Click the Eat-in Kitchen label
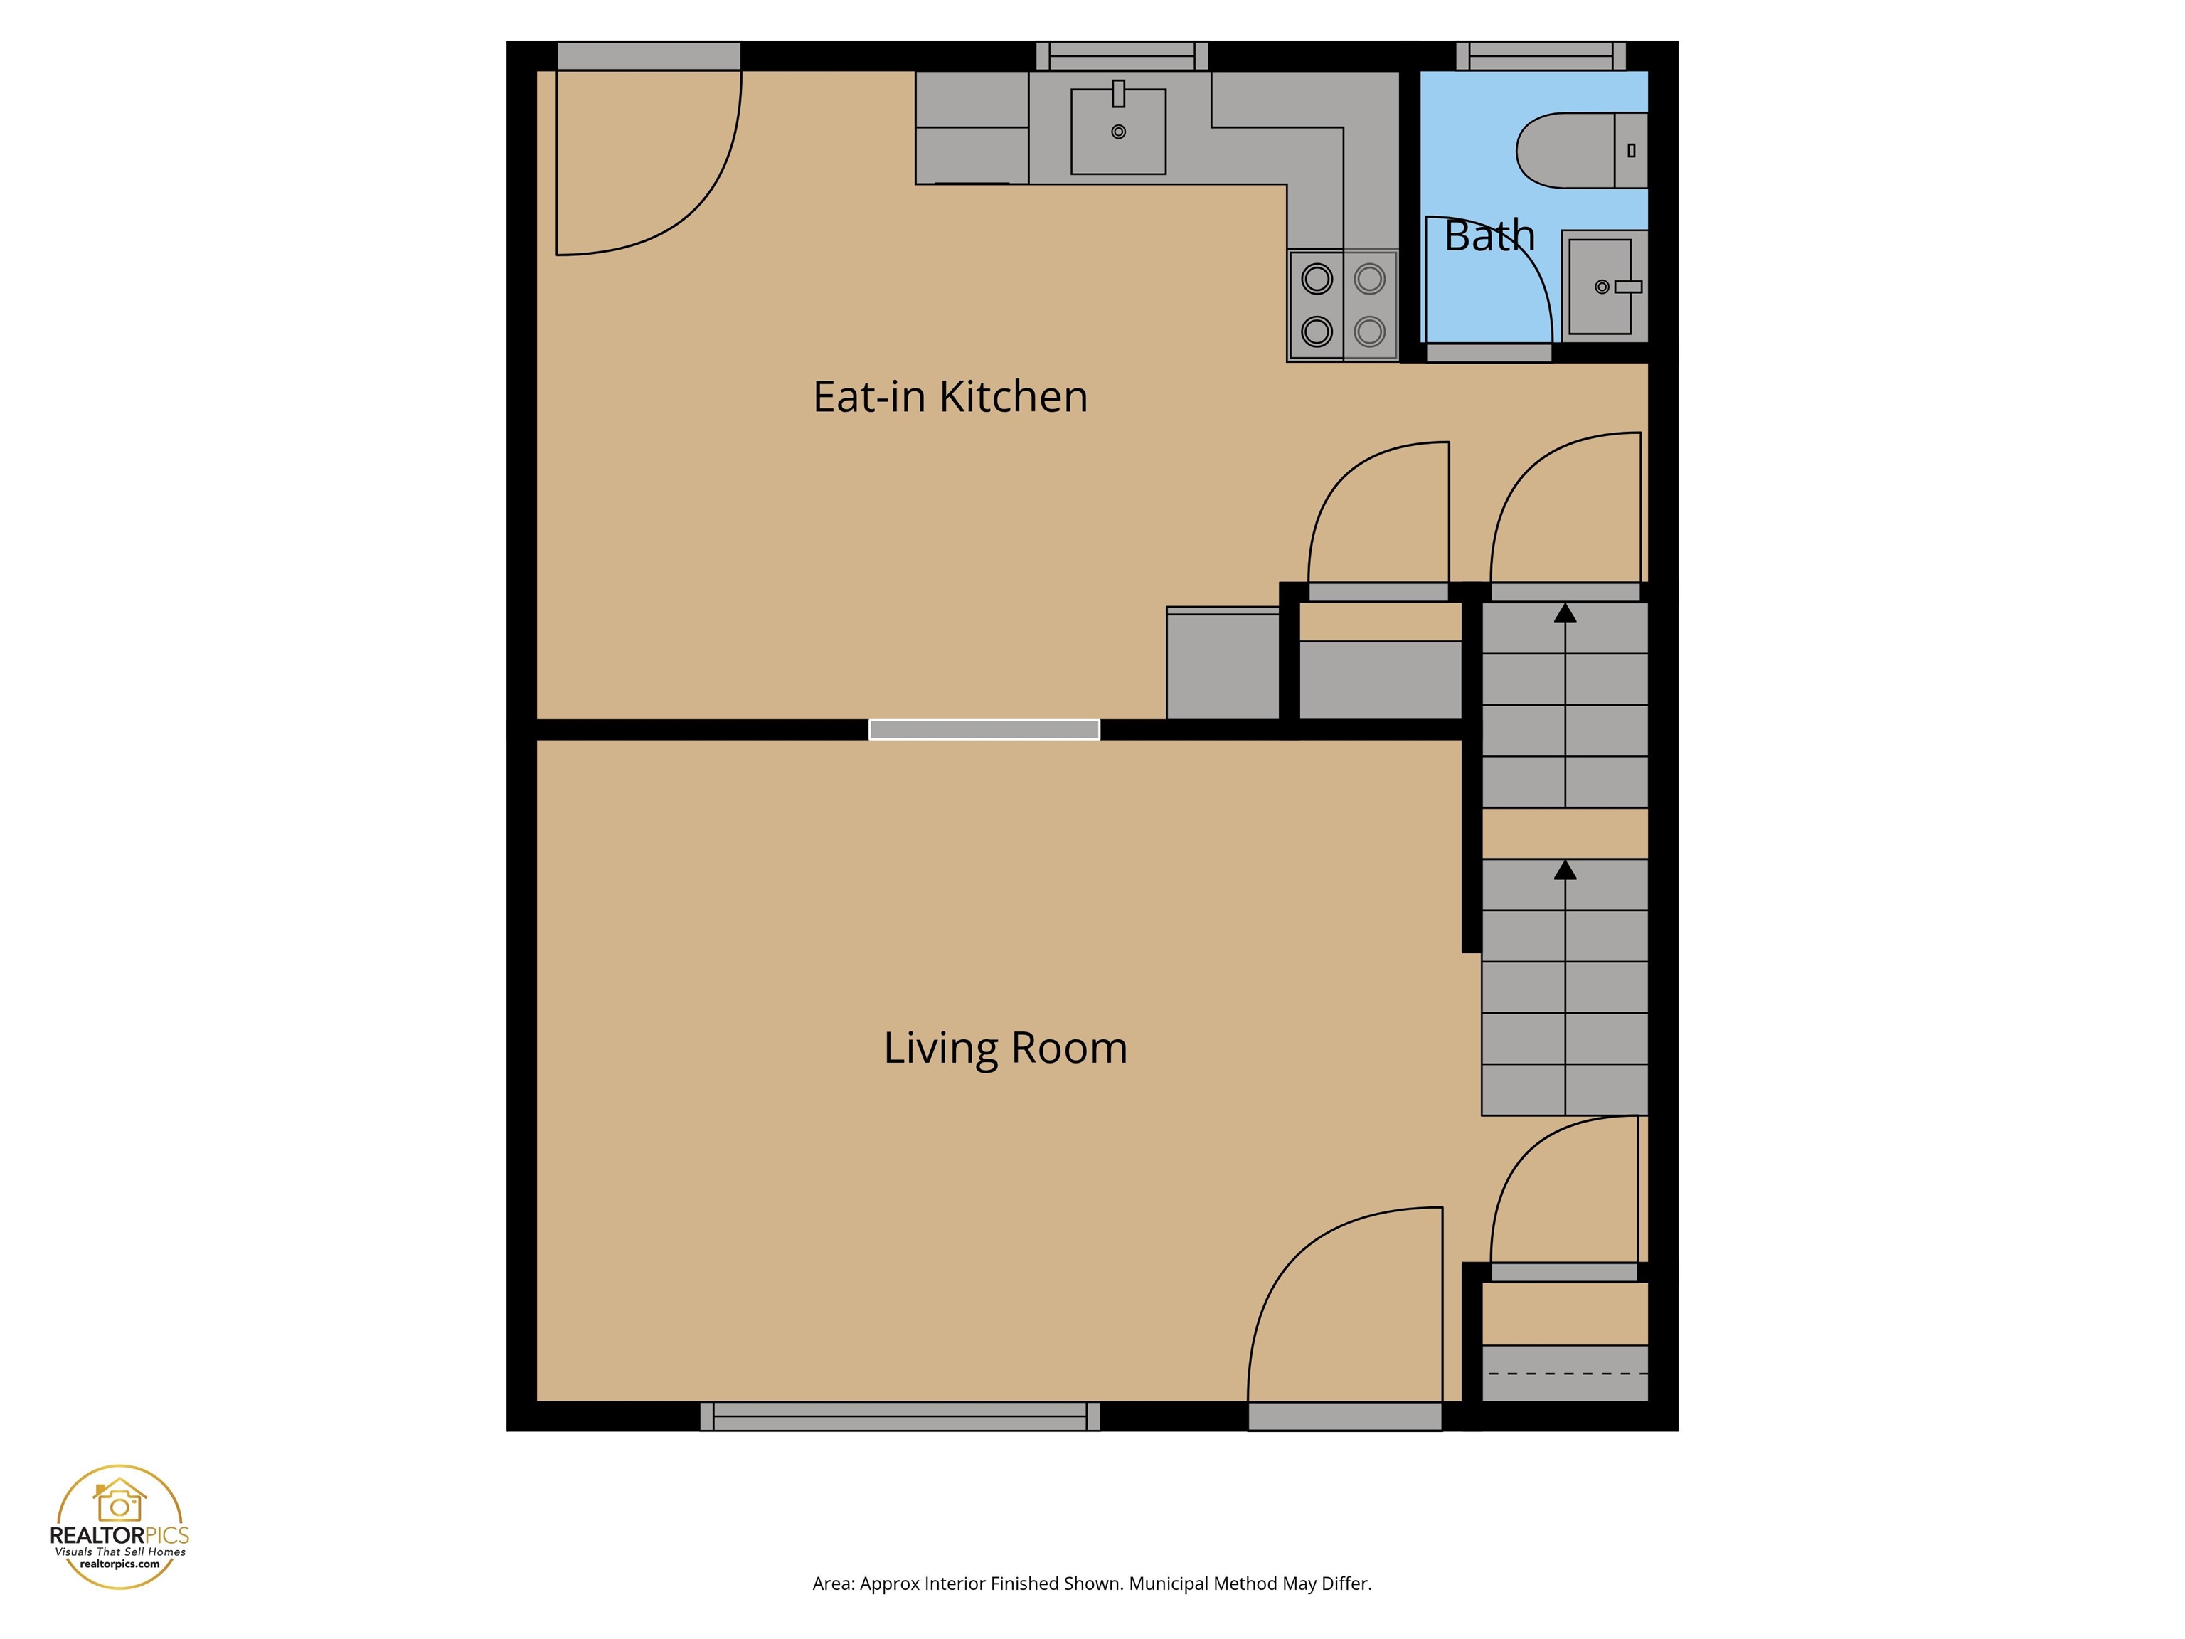(x=950, y=397)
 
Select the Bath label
(x=1489, y=236)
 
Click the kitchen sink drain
(x=1118, y=132)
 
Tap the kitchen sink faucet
(x=1118, y=94)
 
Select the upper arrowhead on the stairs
(x=1565, y=613)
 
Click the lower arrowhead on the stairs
(x=1565, y=871)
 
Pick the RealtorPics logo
(x=119, y=1527)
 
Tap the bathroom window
(x=1541, y=55)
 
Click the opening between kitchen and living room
(x=984, y=729)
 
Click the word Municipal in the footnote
(x=1169, y=1584)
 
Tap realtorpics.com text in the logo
(x=119, y=1564)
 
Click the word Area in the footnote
(x=831, y=1584)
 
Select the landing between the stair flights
(x=1565, y=834)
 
